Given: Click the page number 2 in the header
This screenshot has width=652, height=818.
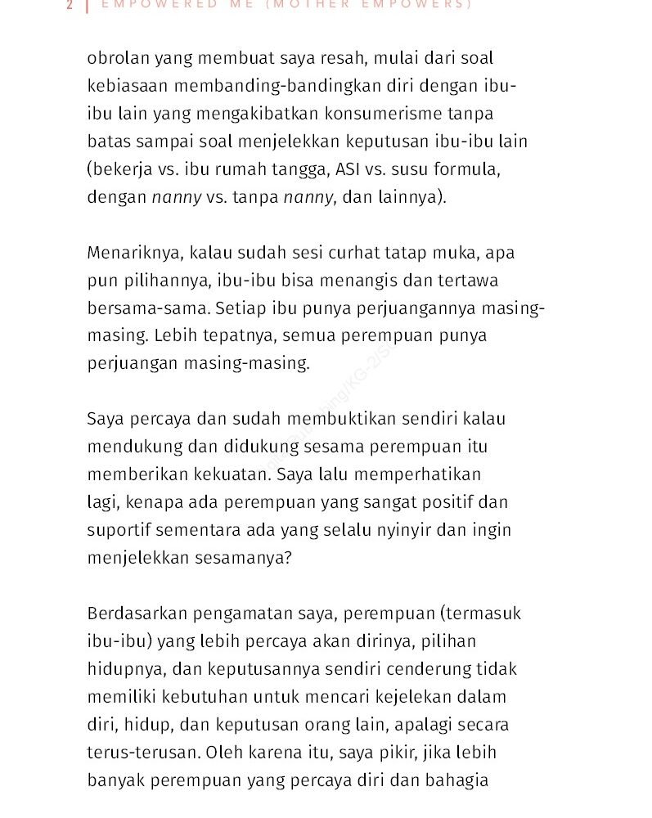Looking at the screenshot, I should [70, 4].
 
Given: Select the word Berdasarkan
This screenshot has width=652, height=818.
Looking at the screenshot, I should [137, 613].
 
